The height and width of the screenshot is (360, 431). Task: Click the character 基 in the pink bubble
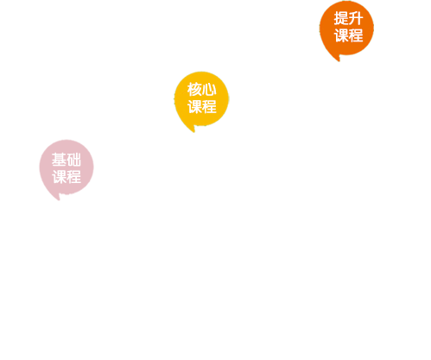point(59,160)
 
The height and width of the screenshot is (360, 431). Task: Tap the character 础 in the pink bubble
point(73,160)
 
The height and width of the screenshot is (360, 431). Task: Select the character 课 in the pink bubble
point(59,177)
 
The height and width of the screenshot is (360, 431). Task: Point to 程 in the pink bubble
point(73,177)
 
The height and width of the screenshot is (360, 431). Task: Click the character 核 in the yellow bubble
point(194,89)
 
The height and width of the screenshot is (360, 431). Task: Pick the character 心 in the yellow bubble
point(209,89)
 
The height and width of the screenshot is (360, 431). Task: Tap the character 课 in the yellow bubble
point(194,106)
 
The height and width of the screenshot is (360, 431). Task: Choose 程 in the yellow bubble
point(209,106)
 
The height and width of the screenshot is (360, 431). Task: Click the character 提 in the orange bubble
point(341,18)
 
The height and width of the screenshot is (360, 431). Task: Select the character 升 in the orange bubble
point(356,18)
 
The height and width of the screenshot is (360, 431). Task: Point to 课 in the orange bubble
point(341,35)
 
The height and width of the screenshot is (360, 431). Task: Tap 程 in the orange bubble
point(356,35)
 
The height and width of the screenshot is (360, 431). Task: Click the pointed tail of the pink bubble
point(59,199)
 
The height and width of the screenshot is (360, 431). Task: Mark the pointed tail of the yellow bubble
point(193,132)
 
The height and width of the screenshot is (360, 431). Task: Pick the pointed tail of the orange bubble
point(339,61)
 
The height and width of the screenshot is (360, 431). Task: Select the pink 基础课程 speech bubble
point(67,169)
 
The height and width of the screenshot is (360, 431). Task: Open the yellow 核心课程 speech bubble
point(201,101)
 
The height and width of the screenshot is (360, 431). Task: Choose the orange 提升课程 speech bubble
point(346,30)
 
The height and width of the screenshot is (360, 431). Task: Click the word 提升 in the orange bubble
point(348,18)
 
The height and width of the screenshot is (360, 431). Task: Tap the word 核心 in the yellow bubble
point(201,89)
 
